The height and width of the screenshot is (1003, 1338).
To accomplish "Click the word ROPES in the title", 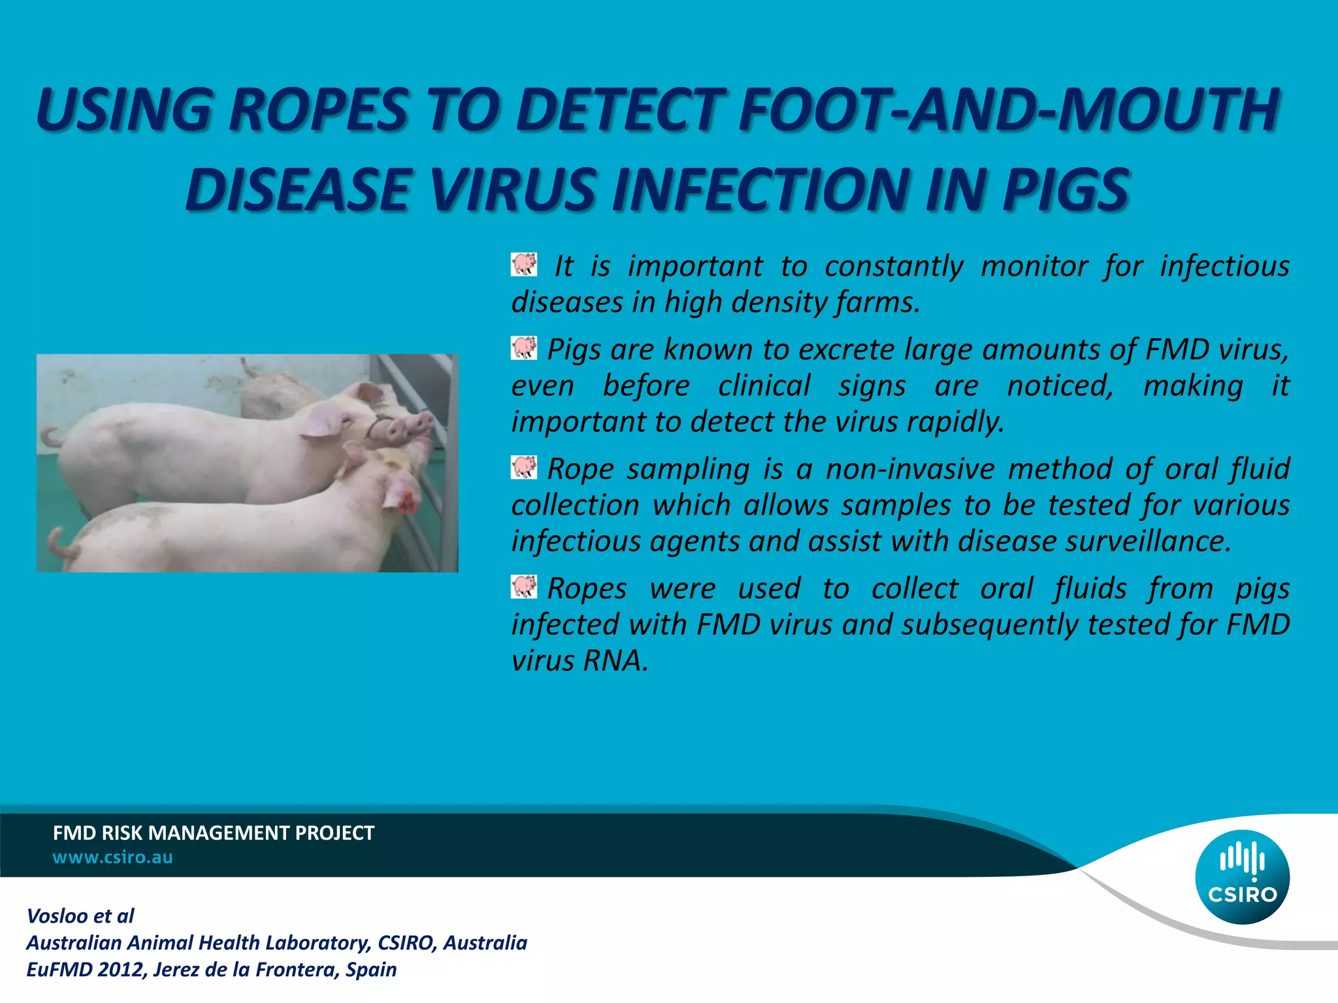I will click(x=319, y=109).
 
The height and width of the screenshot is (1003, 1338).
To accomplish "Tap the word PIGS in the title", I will click(x=1066, y=190).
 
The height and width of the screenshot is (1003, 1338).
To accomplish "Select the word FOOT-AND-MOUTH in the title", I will click(x=1008, y=109).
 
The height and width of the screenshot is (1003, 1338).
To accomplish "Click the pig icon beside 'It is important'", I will click(x=524, y=264).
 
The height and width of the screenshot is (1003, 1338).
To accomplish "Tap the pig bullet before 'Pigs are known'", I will click(x=524, y=348).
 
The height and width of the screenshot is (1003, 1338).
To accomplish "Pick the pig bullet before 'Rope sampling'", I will click(x=524, y=468).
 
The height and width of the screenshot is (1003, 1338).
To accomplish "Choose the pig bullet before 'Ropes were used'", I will click(x=524, y=587).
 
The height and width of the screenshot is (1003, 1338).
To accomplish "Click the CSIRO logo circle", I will click(x=1242, y=877).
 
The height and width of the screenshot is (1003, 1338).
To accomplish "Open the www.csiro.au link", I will click(x=112, y=857).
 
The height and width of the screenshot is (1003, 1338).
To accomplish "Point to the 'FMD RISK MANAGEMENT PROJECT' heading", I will click(x=213, y=833).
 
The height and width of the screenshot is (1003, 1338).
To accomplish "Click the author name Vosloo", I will click(x=57, y=916).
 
